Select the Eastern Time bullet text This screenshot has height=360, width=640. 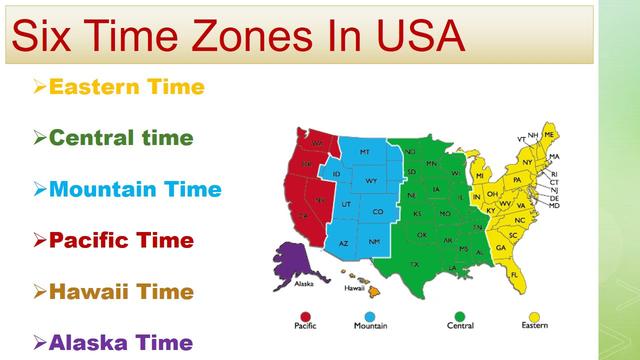coord(126,87)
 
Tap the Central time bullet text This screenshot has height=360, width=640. coord(120,137)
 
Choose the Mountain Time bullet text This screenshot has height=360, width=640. coord(135,188)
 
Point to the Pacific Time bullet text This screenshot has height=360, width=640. coord(121,240)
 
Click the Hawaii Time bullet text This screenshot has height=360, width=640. coord(121,291)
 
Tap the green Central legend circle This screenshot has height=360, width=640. coord(460,310)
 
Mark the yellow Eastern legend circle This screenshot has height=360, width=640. coord(534,310)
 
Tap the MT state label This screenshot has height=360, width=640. coord(364,151)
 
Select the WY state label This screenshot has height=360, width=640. coord(371,181)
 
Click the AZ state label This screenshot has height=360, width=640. coord(343,243)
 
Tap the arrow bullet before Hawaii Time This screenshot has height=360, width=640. coord(39,291)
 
